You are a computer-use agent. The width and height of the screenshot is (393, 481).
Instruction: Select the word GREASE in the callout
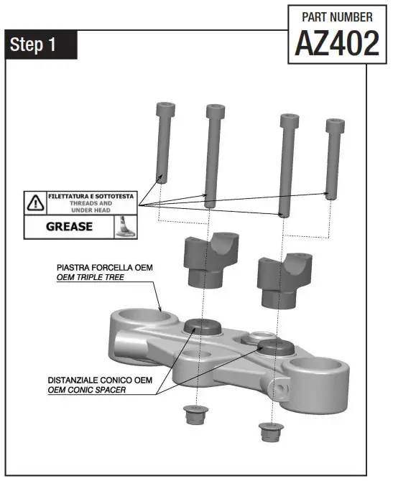pyautogui.click(x=69, y=226)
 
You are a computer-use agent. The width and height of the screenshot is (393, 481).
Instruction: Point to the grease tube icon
pyautogui.click(x=126, y=226)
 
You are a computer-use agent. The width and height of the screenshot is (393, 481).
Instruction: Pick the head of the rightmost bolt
pyautogui.click(x=333, y=126)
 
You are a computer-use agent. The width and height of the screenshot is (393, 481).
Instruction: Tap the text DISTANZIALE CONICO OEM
pyautogui.click(x=100, y=380)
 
